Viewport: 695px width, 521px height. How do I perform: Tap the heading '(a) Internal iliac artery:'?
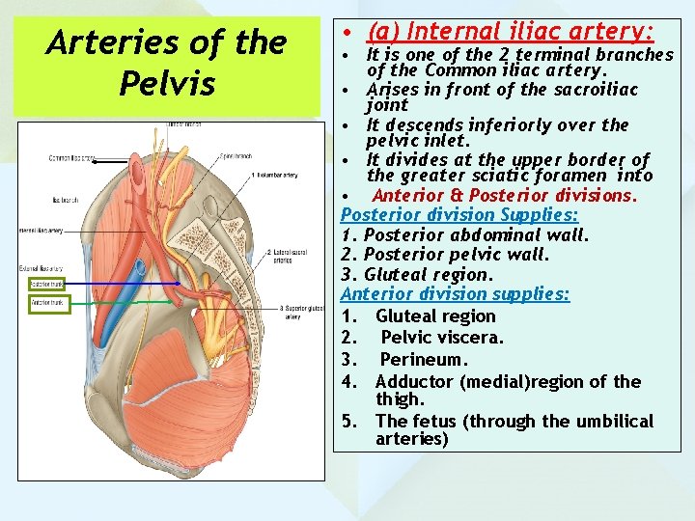[511, 32]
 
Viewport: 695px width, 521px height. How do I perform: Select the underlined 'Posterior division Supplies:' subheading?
[459, 214]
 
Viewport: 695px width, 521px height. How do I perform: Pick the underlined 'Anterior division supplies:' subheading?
[456, 293]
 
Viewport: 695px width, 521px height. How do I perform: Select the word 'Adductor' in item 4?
[414, 381]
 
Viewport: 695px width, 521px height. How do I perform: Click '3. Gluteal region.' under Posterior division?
[415, 274]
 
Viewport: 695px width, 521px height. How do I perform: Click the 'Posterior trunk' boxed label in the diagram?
[46, 285]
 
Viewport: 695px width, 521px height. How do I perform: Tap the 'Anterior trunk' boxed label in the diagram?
[46, 303]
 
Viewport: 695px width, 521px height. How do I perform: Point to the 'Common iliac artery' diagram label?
[73, 157]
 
